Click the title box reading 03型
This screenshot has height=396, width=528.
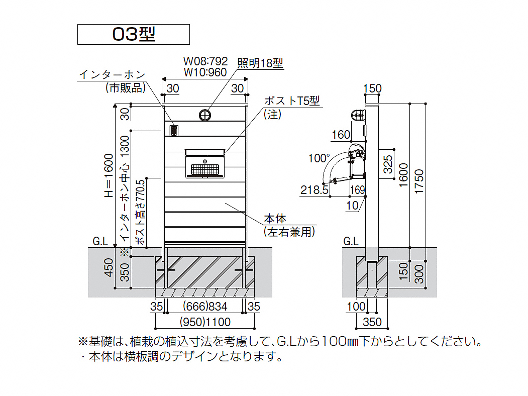click(x=133, y=34)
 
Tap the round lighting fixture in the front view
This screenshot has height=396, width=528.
click(x=205, y=115)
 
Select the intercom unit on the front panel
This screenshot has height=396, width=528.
click(x=174, y=130)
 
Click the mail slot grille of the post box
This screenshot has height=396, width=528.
click(x=205, y=169)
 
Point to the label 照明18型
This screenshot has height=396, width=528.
click(x=260, y=63)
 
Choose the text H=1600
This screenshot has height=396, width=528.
click(x=109, y=175)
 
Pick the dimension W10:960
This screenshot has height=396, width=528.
click(x=205, y=72)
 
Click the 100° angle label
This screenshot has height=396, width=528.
click(x=319, y=158)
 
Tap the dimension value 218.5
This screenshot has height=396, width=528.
click(x=314, y=190)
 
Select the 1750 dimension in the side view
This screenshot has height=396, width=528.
click(x=418, y=181)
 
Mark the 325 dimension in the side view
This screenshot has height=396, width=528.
click(x=388, y=164)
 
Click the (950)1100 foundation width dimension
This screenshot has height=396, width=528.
click(x=205, y=322)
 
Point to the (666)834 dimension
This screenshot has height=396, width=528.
click(x=205, y=307)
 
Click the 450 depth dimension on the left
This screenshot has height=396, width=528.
click(x=109, y=268)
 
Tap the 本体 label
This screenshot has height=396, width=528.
click(x=275, y=219)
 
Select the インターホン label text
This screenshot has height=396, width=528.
click(x=112, y=75)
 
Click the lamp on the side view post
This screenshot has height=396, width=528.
click(x=358, y=115)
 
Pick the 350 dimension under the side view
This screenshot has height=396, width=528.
click(x=372, y=322)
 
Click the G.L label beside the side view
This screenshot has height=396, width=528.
click(x=351, y=241)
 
